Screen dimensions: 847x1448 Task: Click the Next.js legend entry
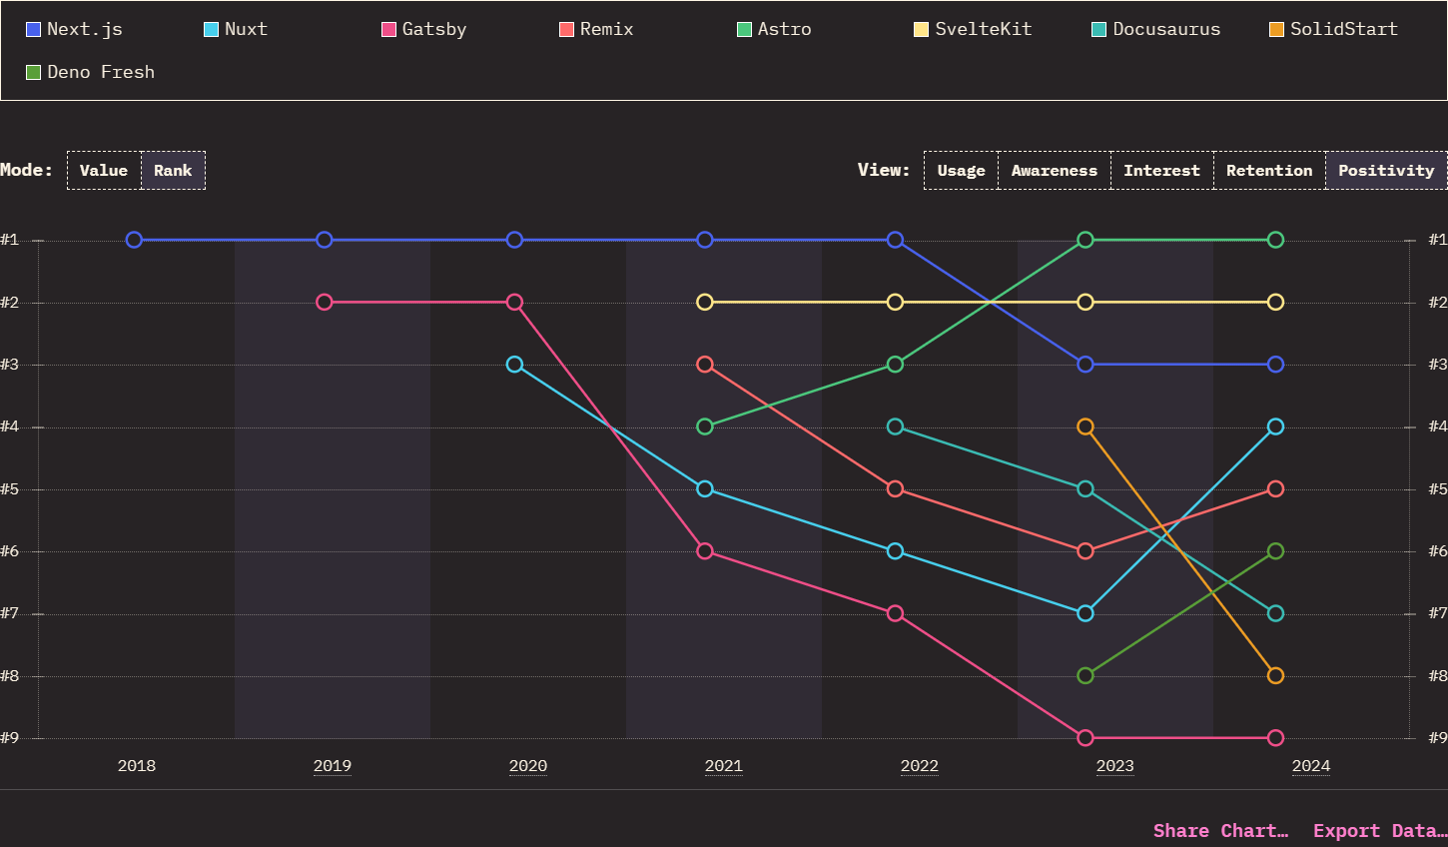pos(75,29)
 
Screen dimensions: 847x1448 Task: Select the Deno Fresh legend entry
pos(91,72)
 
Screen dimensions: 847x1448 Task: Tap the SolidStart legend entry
pos(1333,29)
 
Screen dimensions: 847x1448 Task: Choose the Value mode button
pos(104,171)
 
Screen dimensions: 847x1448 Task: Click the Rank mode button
pos(173,171)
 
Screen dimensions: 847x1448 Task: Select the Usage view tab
pos(961,171)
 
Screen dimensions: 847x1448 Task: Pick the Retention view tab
pos(1268,171)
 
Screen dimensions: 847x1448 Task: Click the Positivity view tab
pos(1385,171)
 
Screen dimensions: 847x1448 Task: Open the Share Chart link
pos(1220,831)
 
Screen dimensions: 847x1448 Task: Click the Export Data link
pos(1379,831)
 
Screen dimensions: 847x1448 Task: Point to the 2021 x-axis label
pos(723,766)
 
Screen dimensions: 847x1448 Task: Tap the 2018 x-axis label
pos(137,766)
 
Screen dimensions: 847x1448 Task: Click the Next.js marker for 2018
pos(134,240)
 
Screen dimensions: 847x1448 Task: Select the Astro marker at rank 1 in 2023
pos(1086,240)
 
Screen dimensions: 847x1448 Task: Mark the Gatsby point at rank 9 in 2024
pos(1275,738)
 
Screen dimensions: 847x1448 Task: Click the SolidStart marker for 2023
pos(1086,426)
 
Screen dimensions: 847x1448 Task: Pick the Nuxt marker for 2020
pos(514,365)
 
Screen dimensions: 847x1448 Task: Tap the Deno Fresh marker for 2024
pos(1275,551)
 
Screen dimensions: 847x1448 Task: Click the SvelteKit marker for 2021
pos(705,302)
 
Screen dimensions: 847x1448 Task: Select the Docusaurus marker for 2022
pos(895,426)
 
